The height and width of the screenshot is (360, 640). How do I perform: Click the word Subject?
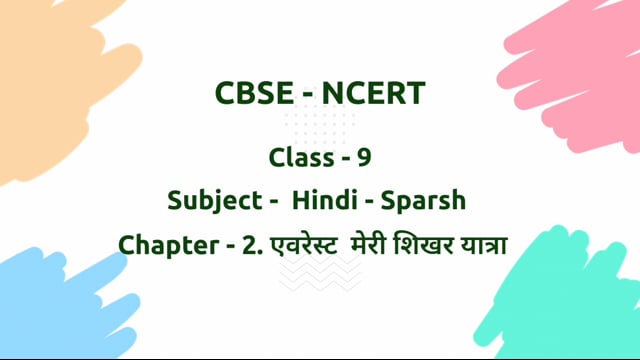point(211,199)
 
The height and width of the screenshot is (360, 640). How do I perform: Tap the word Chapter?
point(166,243)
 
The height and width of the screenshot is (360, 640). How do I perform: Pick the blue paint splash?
point(55,300)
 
